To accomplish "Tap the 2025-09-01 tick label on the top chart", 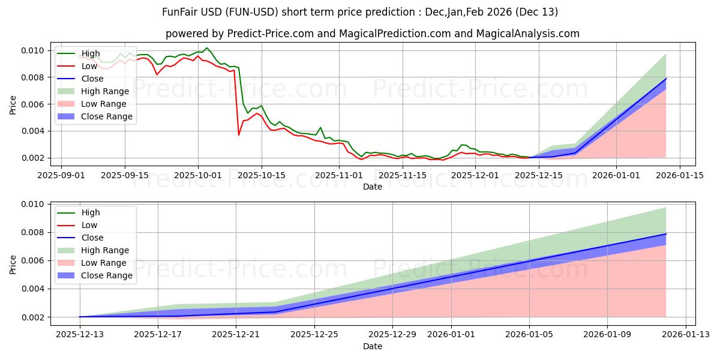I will click(x=62, y=175).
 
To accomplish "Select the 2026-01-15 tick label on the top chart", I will click(x=680, y=175).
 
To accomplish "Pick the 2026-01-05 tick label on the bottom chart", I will click(x=529, y=334).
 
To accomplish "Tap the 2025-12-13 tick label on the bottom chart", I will click(x=80, y=334).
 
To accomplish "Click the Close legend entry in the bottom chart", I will click(x=92, y=238).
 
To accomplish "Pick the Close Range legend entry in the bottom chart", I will click(x=102, y=275).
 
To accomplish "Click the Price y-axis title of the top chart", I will click(x=13, y=104).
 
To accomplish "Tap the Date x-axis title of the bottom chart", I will click(x=373, y=346).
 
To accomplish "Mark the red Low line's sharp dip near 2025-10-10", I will click(x=239, y=135).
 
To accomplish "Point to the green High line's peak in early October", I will click(x=207, y=48).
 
